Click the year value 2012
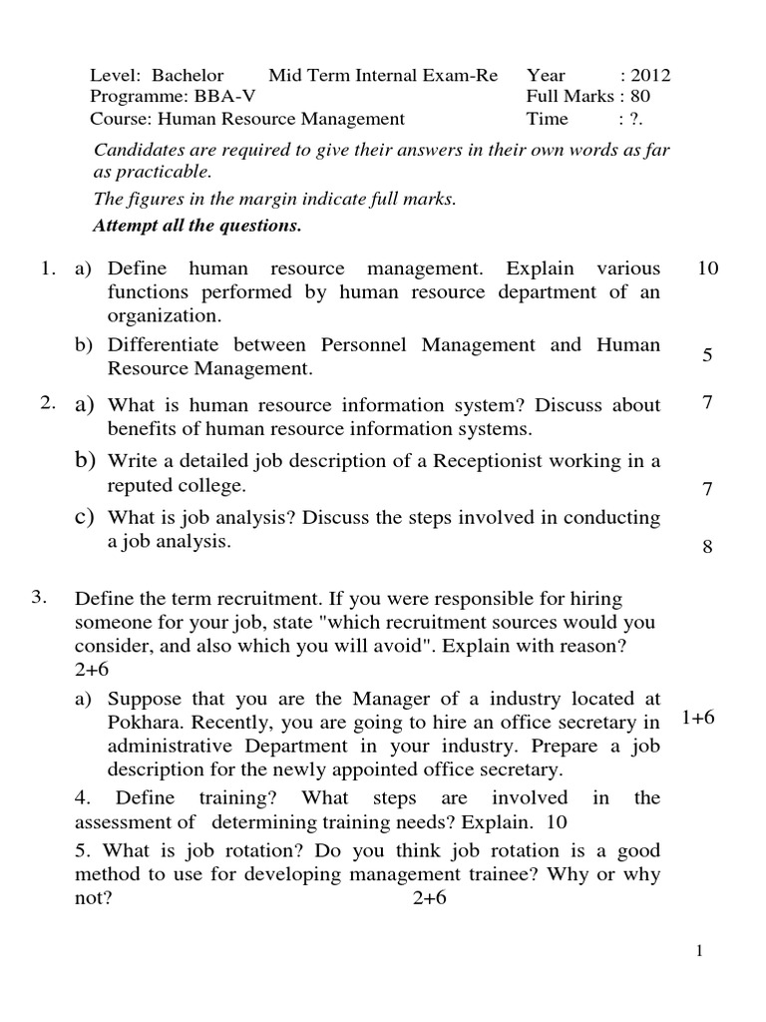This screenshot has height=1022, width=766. (651, 75)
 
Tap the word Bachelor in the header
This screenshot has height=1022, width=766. (189, 75)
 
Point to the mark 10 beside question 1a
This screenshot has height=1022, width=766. (709, 268)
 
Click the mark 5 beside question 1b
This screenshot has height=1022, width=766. (706, 355)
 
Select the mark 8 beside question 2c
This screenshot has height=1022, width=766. (706, 547)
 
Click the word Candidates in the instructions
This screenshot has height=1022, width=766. (135, 150)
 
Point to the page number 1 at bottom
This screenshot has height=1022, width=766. (701, 952)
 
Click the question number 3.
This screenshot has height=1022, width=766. (39, 598)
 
